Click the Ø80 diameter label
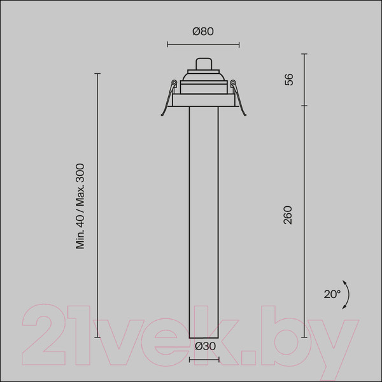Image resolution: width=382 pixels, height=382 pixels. coord(203,31)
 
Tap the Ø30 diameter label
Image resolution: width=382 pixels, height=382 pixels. coord(206,346)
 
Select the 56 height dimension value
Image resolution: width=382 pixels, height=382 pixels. coord(289,80)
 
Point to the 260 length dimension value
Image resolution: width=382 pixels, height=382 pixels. coord(288,215)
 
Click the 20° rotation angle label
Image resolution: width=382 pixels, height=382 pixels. coord(332,294)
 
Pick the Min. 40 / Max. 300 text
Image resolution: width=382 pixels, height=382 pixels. coord(80,206)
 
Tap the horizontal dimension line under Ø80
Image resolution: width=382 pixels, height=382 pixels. coord(203,45)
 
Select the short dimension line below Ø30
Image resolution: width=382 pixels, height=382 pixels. coord(204,360)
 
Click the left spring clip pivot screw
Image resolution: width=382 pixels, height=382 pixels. coord(174,82)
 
